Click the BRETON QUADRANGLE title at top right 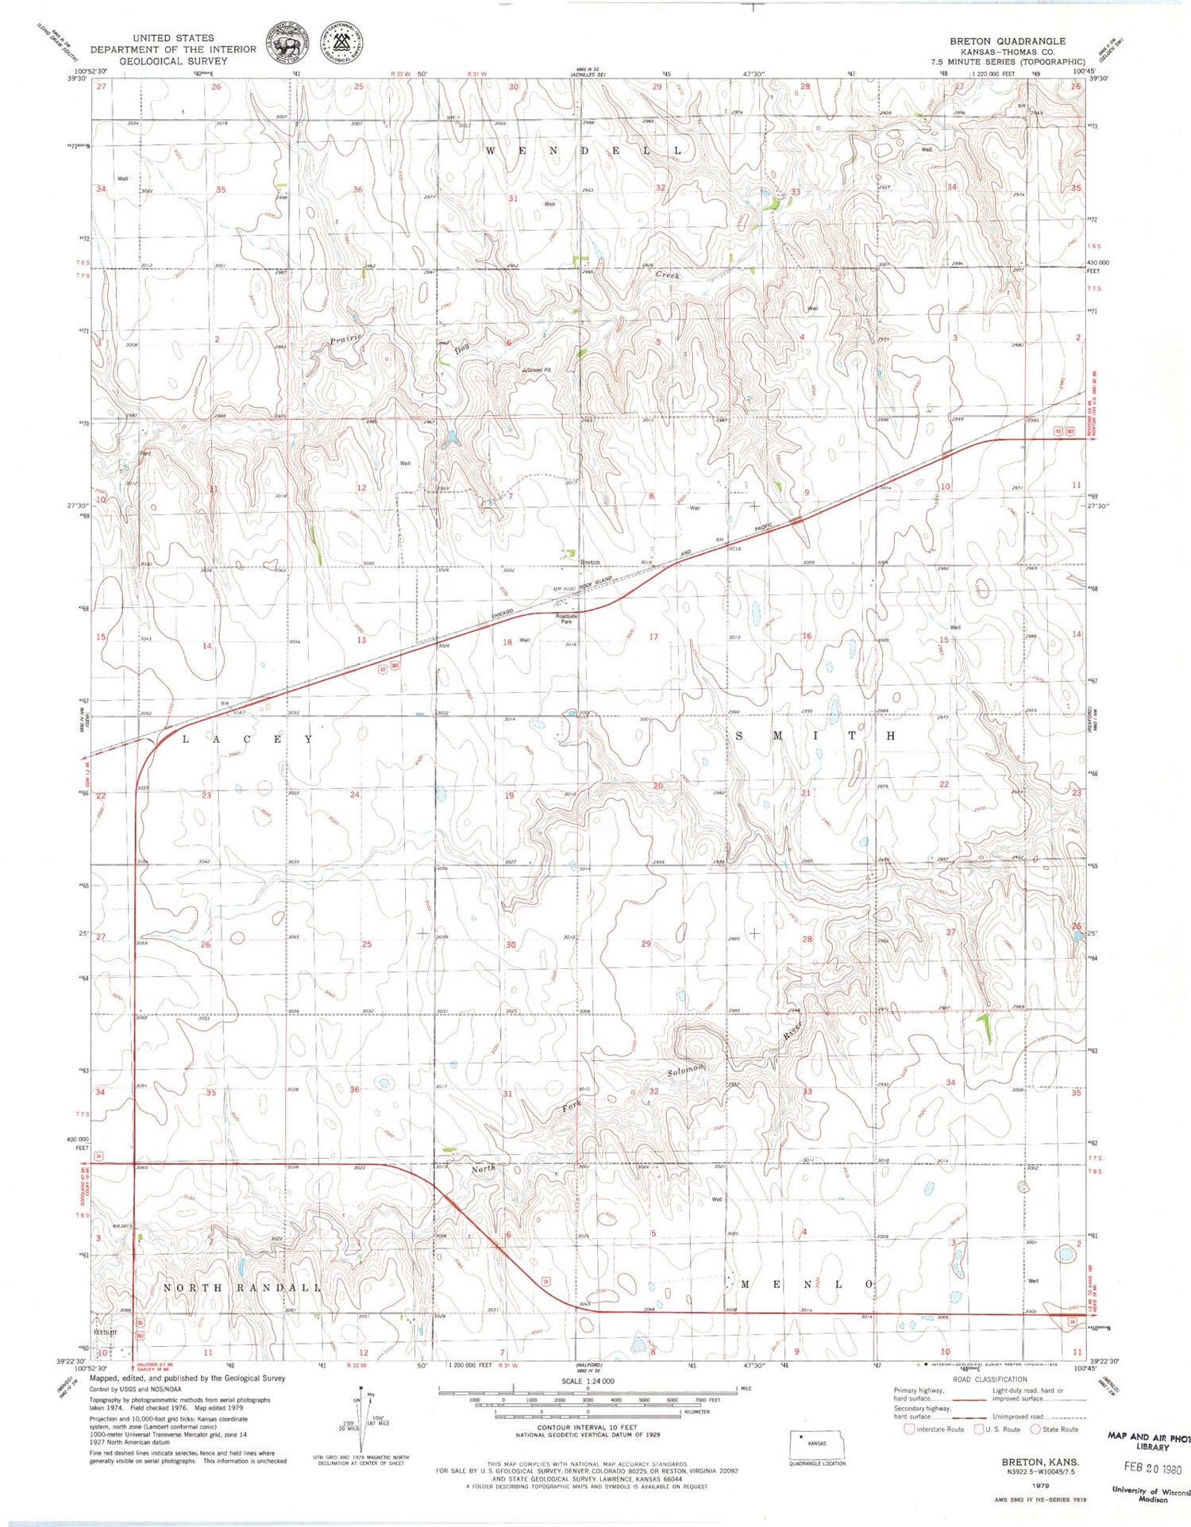pos(1008,40)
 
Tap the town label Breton pos(590,562)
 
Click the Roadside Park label pos(566,618)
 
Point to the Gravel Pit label pos(538,370)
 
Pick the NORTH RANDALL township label pos(242,1287)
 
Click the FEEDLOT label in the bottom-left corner pos(105,1333)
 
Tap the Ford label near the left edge pos(145,453)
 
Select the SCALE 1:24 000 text pos(588,1381)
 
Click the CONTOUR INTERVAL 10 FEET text pos(587,1427)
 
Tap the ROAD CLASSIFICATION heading pos(990,1379)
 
